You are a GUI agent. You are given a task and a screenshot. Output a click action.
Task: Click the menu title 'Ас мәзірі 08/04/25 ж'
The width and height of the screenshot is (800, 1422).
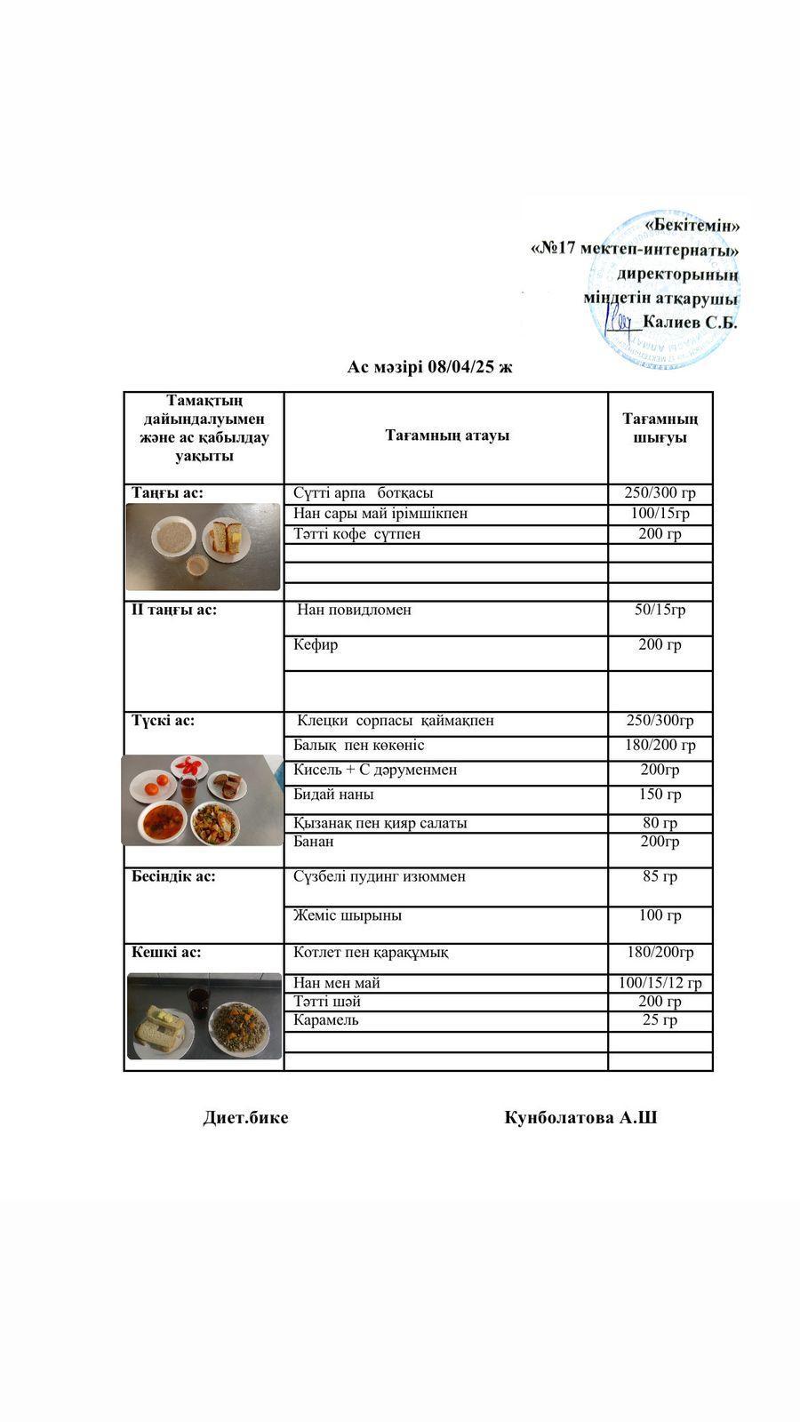pyautogui.click(x=429, y=367)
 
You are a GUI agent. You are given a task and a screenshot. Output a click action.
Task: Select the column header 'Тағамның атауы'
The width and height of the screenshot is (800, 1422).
pyautogui.click(x=447, y=435)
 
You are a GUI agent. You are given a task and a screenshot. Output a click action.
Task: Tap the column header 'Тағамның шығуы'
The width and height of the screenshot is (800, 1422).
pyautogui.click(x=660, y=427)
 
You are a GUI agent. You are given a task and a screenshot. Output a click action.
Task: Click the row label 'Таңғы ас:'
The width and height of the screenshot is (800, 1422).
pyautogui.click(x=168, y=492)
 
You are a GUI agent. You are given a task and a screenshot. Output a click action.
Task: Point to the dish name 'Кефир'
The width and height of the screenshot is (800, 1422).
pyautogui.click(x=316, y=644)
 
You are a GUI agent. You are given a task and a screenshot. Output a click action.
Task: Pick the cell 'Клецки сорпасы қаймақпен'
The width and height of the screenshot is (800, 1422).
pyautogui.click(x=395, y=721)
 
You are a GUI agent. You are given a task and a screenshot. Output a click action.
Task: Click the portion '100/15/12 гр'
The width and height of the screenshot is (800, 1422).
pyautogui.click(x=660, y=983)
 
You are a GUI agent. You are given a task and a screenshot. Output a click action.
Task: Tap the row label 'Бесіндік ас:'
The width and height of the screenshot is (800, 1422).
pyautogui.click(x=173, y=876)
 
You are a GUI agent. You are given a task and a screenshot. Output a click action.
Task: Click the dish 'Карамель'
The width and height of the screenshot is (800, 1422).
pyautogui.click(x=325, y=1020)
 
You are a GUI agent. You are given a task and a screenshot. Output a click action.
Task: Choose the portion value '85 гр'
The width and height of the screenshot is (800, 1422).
pyautogui.click(x=660, y=876)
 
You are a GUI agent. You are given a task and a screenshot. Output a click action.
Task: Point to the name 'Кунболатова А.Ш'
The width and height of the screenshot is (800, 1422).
pyautogui.click(x=580, y=1118)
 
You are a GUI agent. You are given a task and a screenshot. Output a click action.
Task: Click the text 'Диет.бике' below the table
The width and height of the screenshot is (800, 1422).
pyautogui.click(x=245, y=1118)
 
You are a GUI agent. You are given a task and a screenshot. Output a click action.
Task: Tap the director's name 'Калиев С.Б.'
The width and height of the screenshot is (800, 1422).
pyautogui.click(x=690, y=322)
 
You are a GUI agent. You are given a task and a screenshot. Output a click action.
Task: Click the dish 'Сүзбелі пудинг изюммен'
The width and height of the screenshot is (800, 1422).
pyautogui.click(x=380, y=876)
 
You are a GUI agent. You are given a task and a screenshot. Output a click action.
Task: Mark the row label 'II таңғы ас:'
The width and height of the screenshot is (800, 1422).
pyautogui.click(x=174, y=610)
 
